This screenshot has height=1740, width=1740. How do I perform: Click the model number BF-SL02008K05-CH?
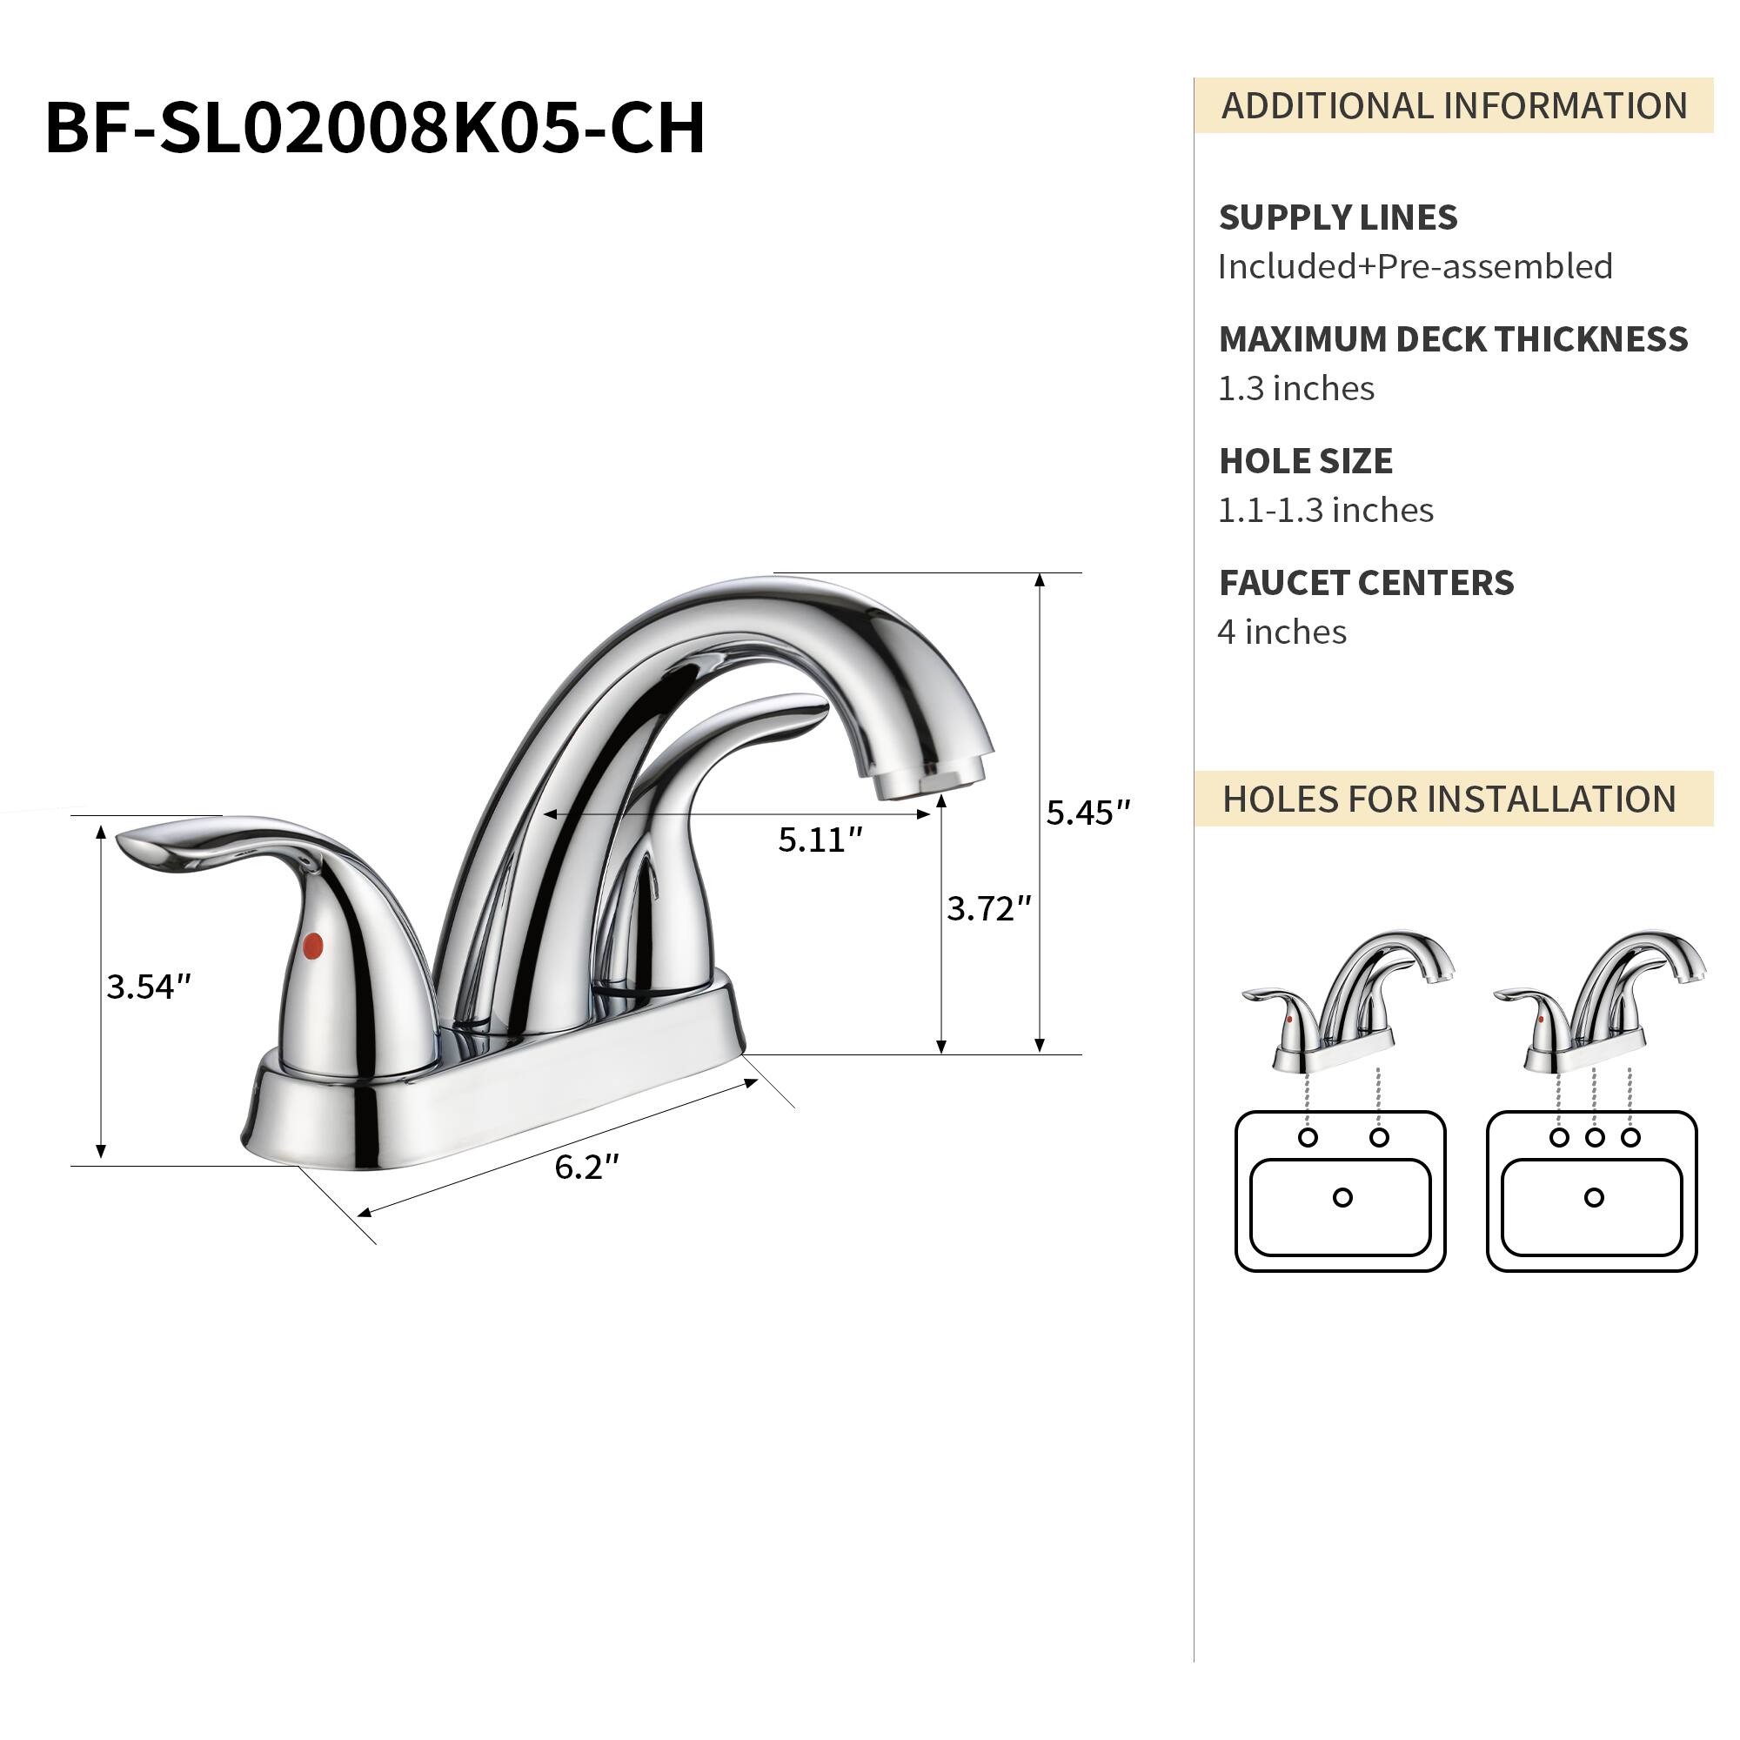point(375,129)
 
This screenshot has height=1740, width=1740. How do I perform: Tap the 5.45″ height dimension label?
point(1087,813)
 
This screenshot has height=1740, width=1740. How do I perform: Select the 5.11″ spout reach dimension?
point(820,840)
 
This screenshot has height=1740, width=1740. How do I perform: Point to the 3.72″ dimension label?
point(988,909)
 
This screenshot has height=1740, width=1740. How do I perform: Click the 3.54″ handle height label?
point(149,987)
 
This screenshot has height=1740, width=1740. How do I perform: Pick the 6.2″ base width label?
point(586,1168)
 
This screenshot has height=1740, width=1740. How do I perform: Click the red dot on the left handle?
point(312,946)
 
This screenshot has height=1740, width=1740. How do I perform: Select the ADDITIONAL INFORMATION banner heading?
point(1453,106)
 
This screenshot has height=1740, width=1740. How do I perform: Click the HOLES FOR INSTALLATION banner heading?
point(1449,800)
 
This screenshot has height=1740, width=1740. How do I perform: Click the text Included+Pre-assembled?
point(1414,266)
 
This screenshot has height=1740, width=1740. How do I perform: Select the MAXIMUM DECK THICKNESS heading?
point(1452,339)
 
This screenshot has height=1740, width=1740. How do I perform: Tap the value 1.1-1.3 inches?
point(1325,511)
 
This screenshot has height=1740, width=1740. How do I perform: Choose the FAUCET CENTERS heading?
point(1365,583)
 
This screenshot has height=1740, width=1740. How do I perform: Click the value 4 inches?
point(1281,632)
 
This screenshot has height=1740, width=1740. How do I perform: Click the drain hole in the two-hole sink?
point(1342,1198)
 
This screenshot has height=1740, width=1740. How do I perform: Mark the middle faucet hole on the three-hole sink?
point(1594,1137)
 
